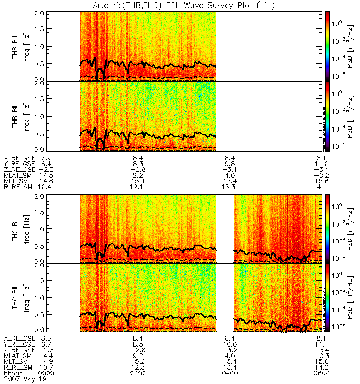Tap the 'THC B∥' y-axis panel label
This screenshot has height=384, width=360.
16,298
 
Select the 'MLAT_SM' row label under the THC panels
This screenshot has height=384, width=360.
17,356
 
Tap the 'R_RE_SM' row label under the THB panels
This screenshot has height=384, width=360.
17,187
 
